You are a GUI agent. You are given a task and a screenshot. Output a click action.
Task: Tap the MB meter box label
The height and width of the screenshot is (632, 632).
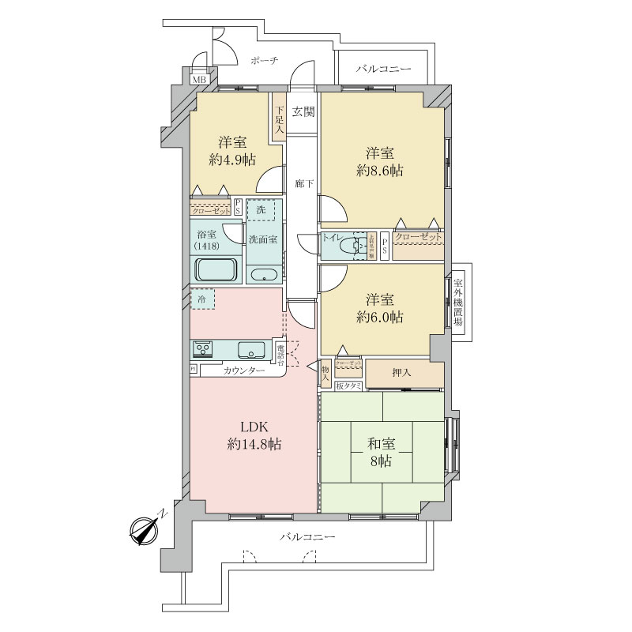(x=200, y=79)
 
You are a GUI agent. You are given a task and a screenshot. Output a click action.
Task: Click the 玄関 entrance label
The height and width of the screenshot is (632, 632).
(x=303, y=111)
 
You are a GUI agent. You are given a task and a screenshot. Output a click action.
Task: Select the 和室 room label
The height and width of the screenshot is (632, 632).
(x=382, y=443)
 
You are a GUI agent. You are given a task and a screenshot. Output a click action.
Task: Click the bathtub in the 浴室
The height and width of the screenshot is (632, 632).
(x=216, y=271)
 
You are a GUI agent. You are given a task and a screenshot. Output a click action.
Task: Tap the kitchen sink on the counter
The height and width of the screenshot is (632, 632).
(x=250, y=349)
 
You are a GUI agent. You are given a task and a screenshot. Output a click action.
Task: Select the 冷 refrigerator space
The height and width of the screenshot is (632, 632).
(x=203, y=300)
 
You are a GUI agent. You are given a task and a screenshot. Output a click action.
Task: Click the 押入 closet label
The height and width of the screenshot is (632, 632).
(x=402, y=371)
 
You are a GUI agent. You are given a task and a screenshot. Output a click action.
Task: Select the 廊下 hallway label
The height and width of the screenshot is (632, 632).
(x=303, y=184)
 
